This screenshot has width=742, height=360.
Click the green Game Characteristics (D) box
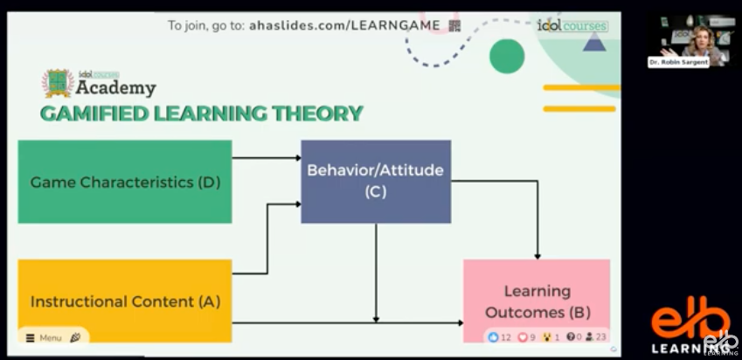pos(125,182)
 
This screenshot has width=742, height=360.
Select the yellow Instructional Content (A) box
pos(125,301)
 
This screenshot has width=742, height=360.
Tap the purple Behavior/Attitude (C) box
pos(376,181)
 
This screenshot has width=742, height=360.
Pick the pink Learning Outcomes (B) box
pos(537,301)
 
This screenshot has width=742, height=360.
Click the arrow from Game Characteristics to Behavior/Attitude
pos(267,158)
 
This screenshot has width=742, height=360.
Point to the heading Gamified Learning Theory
pos(201,114)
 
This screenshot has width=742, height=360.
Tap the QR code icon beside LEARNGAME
pos(454,25)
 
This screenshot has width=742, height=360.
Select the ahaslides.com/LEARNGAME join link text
pos(344,25)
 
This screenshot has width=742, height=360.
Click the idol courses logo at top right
pos(572,25)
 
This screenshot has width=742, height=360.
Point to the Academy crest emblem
pos(57,83)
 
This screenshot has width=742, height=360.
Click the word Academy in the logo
pos(115,88)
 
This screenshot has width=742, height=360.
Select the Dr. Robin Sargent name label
pos(678,62)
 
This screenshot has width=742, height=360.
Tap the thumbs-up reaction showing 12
pos(499,337)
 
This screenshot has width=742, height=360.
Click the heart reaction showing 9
pos(527,337)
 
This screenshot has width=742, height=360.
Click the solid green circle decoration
pos(507,56)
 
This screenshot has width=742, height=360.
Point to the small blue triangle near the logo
pos(594,42)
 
